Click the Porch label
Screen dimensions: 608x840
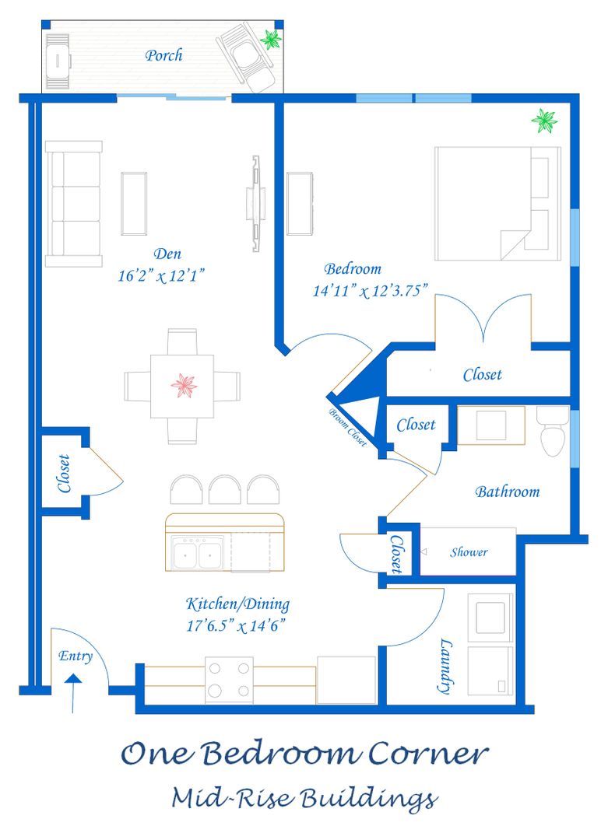pyautogui.click(x=163, y=55)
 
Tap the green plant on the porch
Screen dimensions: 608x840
pyautogui.click(x=270, y=39)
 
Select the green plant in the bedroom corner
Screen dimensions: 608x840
pyautogui.click(x=544, y=121)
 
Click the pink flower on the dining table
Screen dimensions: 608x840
pyautogui.click(x=184, y=386)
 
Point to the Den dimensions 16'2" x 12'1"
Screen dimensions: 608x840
pyautogui.click(x=161, y=275)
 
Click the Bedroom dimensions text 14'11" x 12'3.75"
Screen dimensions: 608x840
pyautogui.click(x=371, y=290)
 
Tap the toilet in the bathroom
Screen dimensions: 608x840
pyautogui.click(x=552, y=431)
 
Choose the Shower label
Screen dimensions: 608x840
pyautogui.click(x=469, y=551)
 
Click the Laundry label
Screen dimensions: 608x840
pyautogui.click(x=445, y=666)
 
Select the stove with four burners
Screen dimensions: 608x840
pyautogui.click(x=230, y=680)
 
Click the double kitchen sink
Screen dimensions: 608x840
pyautogui.click(x=197, y=553)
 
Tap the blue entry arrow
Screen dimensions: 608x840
pyautogui.click(x=73, y=693)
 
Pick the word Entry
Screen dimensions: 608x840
pyautogui.click(x=75, y=656)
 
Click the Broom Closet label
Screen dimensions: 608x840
pyautogui.click(x=347, y=427)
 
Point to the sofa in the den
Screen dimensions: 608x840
pyautogui.click(x=74, y=204)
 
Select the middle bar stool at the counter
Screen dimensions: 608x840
pyautogui.click(x=225, y=489)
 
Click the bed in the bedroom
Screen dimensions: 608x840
pyautogui.click(x=497, y=204)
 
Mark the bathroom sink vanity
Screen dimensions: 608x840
pyautogui.click(x=491, y=425)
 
